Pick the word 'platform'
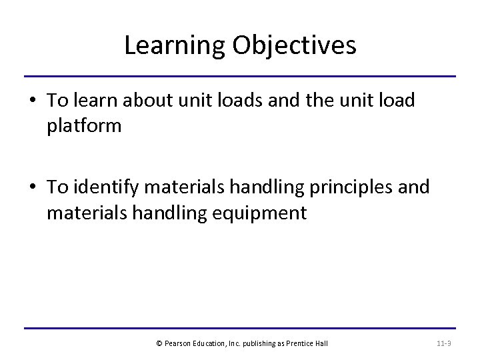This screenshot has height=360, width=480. (x=84, y=126)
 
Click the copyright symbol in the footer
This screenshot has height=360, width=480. (x=159, y=343)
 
